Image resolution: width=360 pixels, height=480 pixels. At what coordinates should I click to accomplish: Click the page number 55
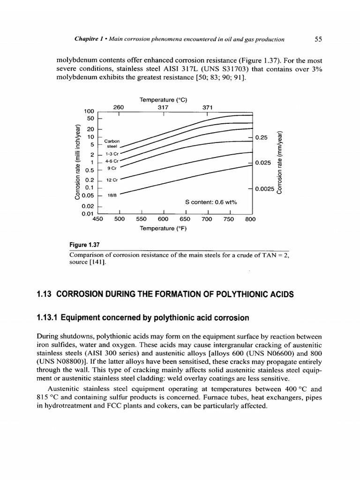click(x=317, y=39)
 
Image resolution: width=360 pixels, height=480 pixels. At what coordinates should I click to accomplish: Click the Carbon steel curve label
click(x=112, y=143)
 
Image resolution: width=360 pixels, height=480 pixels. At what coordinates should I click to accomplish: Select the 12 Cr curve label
click(x=112, y=180)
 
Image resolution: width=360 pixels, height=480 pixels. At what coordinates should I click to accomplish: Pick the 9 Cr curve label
click(x=112, y=167)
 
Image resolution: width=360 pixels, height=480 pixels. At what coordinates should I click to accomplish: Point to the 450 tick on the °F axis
click(x=97, y=218)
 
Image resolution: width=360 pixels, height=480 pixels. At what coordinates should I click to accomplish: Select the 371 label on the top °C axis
click(x=207, y=107)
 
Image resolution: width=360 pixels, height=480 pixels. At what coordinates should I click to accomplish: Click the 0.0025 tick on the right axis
click(x=265, y=189)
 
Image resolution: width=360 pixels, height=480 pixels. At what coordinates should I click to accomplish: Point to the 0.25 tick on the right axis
click(x=261, y=137)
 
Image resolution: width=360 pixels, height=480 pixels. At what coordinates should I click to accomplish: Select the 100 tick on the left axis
click(x=89, y=111)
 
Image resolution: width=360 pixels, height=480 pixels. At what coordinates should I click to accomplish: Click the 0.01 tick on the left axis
click(x=88, y=214)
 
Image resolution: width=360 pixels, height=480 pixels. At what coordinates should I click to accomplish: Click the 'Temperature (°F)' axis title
click(x=163, y=228)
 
